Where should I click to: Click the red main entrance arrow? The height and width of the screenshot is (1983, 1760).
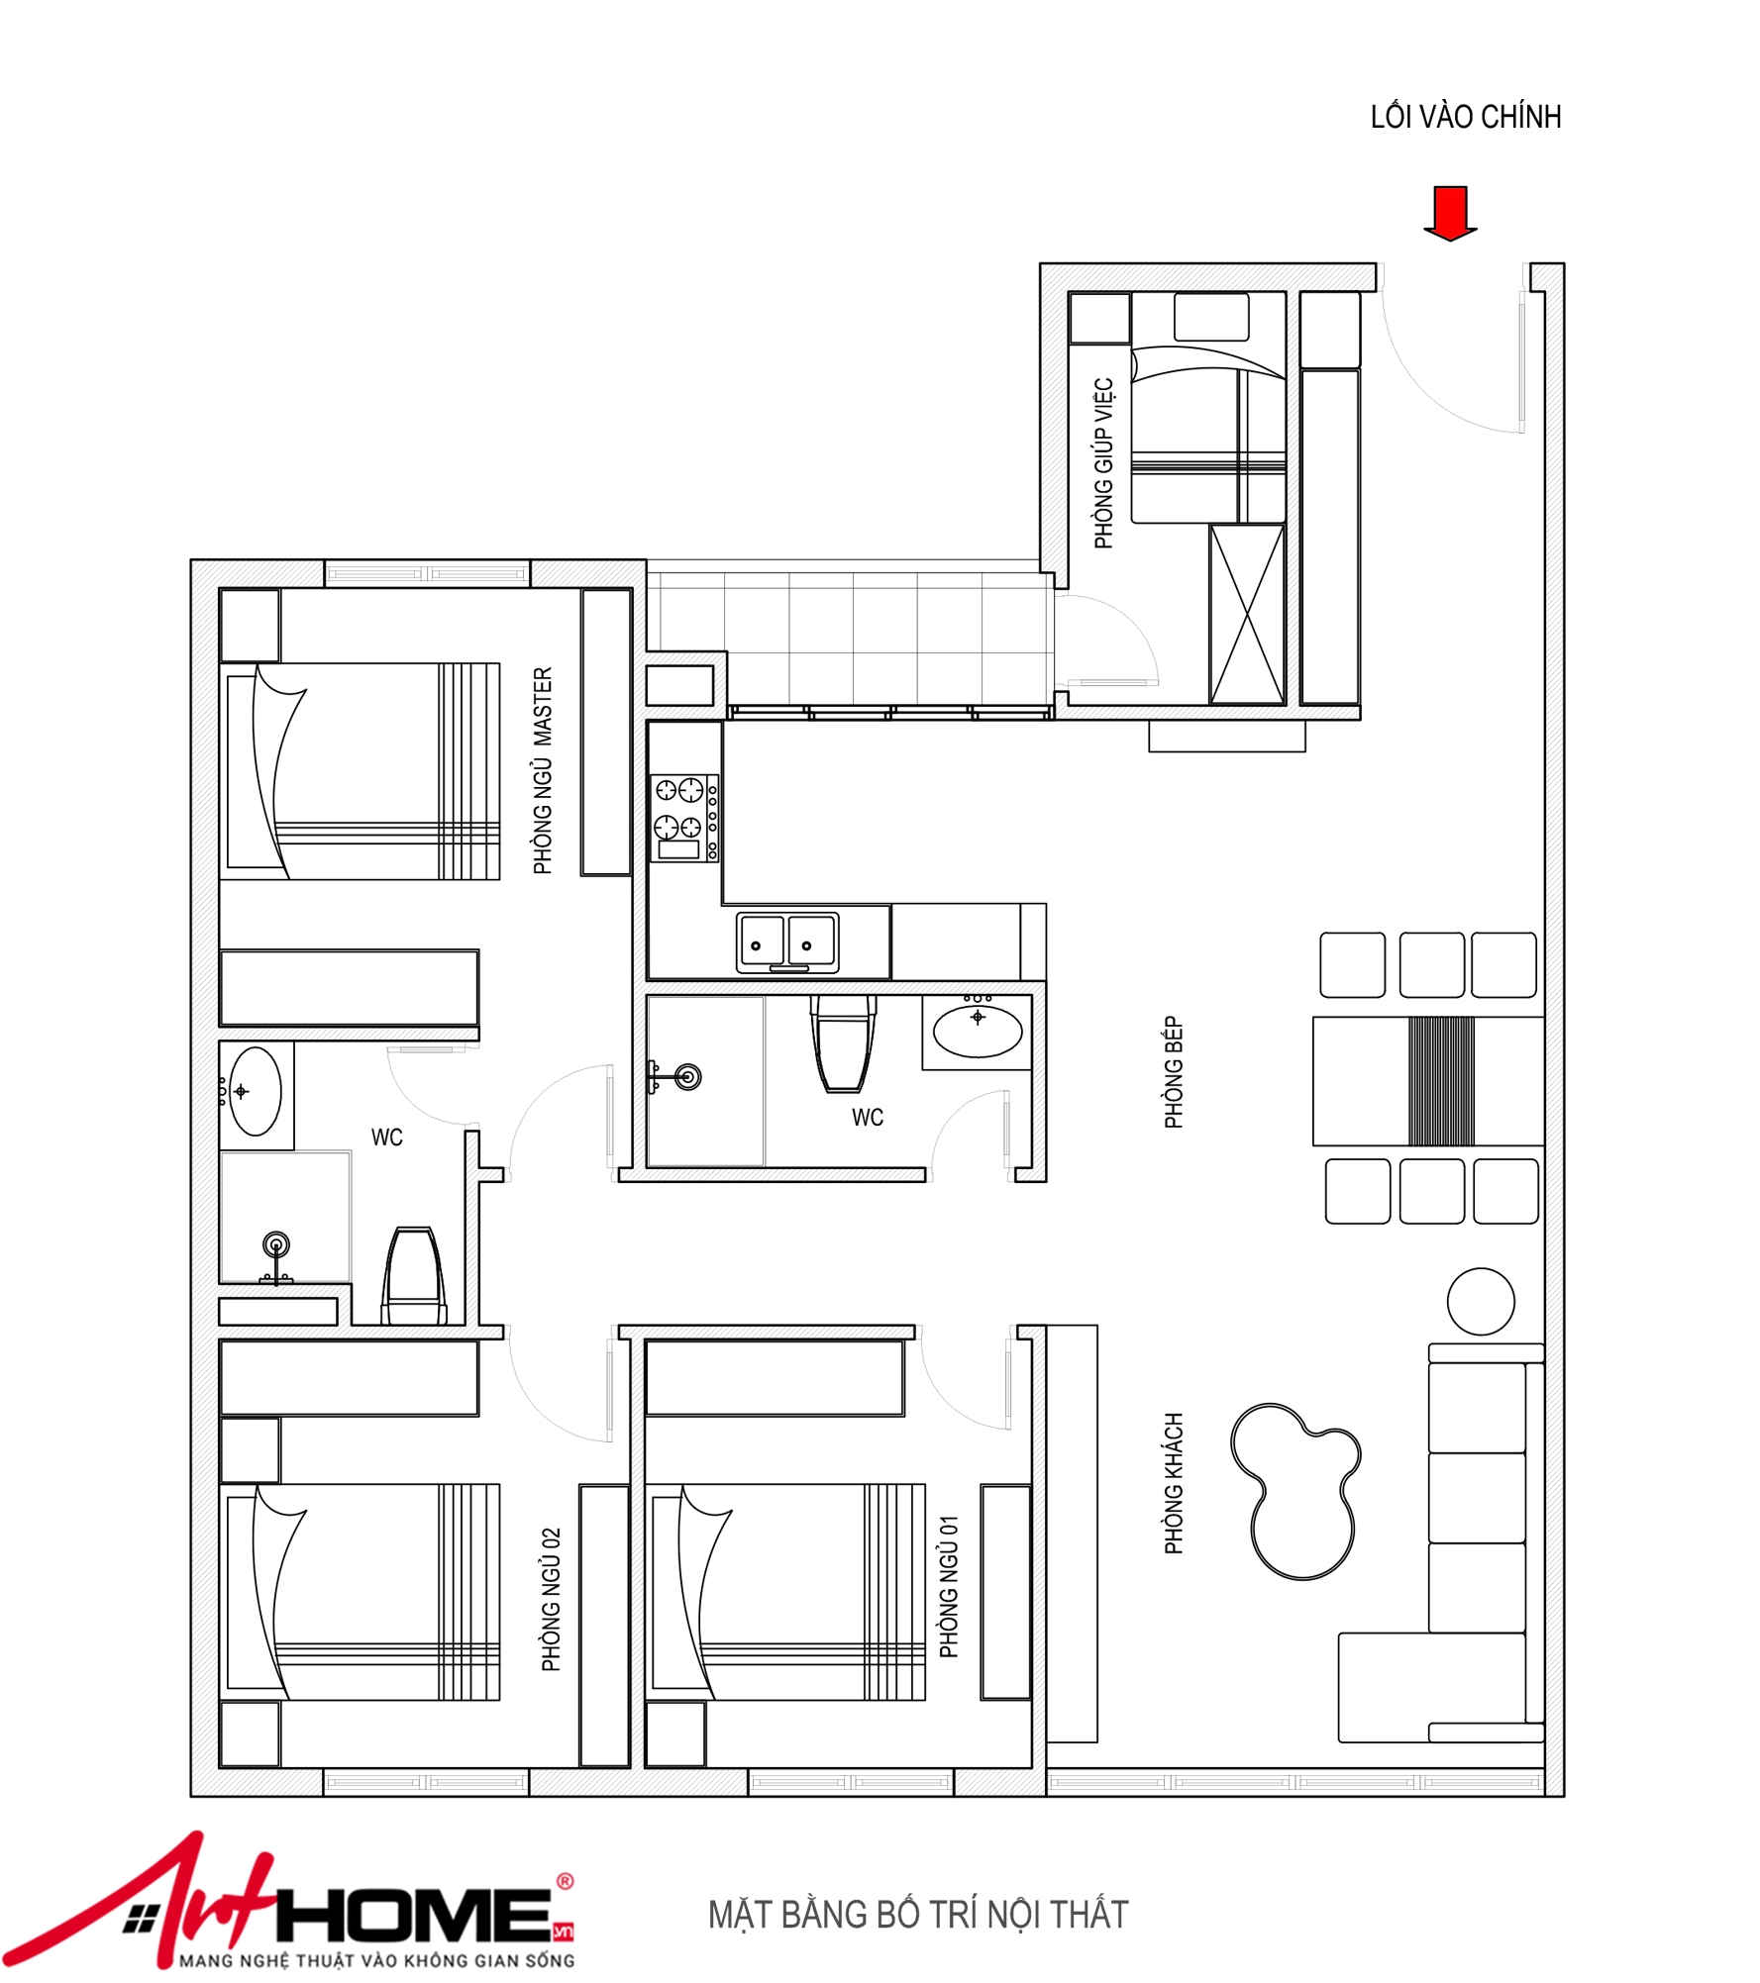click(x=1450, y=213)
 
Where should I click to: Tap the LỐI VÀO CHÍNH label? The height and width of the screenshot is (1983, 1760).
click(x=1466, y=117)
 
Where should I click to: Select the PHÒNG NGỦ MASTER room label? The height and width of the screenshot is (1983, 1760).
click(x=543, y=770)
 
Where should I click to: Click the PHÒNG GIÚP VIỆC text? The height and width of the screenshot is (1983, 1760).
click(x=1104, y=462)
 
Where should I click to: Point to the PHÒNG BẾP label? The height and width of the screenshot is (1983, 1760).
click(x=1174, y=1072)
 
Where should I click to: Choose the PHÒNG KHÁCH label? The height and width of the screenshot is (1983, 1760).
click(x=1174, y=1483)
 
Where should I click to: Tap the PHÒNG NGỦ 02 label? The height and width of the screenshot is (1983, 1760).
click(x=552, y=1600)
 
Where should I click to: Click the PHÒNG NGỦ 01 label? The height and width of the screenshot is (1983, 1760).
click(x=949, y=1586)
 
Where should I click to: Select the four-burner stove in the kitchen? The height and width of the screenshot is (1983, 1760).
click(x=684, y=818)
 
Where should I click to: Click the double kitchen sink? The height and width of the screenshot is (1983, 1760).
click(x=788, y=942)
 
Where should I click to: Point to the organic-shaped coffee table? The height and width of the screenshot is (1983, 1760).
click(x=1295, y=1490)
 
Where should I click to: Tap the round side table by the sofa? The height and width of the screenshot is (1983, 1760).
click(x=1481, y=1302)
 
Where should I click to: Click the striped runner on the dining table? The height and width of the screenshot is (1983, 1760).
click(x=1441, y=1081)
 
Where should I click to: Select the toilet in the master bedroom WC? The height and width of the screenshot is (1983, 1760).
click(x=414, y=1276)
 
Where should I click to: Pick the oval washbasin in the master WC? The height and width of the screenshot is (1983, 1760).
click(x=255, y=1091)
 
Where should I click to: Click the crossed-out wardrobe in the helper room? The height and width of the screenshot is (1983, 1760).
click(x=1248, y=615)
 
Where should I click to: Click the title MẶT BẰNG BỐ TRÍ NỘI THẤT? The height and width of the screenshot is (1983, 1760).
click(x=918, y=1915)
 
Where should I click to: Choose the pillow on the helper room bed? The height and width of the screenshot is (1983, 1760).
click(x=1211, y=317)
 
